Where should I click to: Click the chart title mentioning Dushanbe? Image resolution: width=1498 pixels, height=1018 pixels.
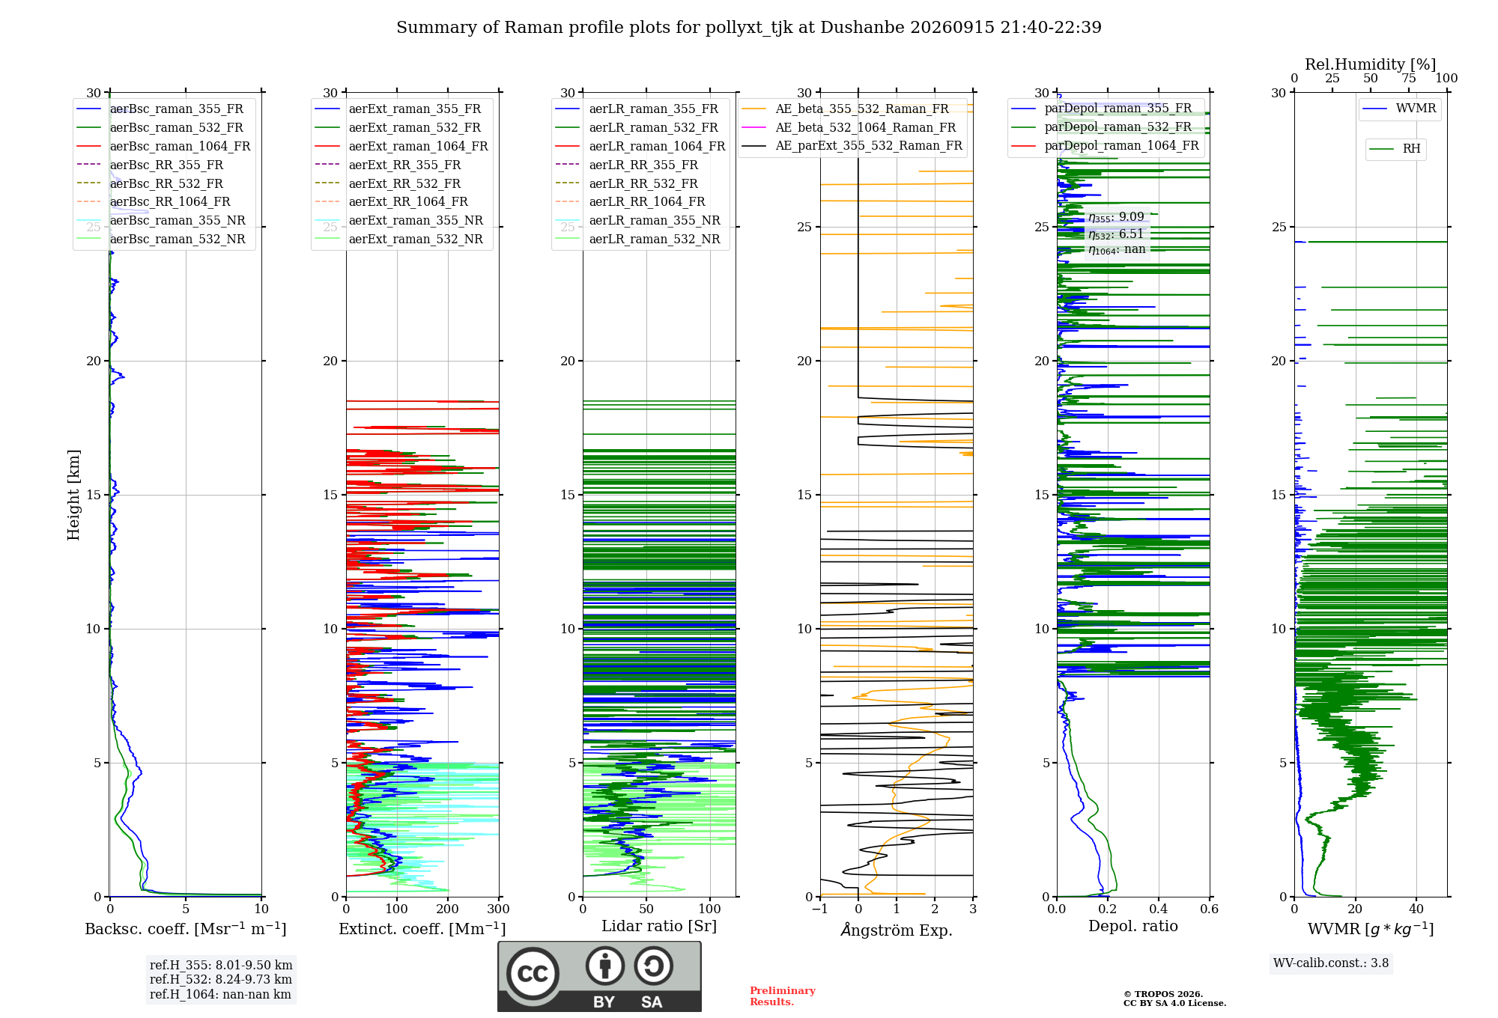tap(749, 28)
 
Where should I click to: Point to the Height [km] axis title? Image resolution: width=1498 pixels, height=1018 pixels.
tap(73, 495)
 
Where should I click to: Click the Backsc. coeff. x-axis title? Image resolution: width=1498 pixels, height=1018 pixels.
tap(186, 928)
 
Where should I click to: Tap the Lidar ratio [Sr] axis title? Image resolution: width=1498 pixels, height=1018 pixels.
tap(659, 926)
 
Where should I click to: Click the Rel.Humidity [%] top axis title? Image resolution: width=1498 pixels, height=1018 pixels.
tap(1371, 64)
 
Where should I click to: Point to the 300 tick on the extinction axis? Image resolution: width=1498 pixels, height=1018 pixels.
tap(498, 909)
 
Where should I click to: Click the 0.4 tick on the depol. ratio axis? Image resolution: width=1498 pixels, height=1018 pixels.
tap(1159, 909)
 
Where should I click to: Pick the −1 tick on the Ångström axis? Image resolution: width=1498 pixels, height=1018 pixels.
tap(820, 909)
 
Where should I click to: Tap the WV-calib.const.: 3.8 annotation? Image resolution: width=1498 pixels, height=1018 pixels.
tap(1331, 963)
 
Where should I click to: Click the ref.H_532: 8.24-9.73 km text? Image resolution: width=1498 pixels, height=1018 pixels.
tap(221, 979)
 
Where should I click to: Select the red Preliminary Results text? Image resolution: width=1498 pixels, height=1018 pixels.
tap(783, 996)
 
